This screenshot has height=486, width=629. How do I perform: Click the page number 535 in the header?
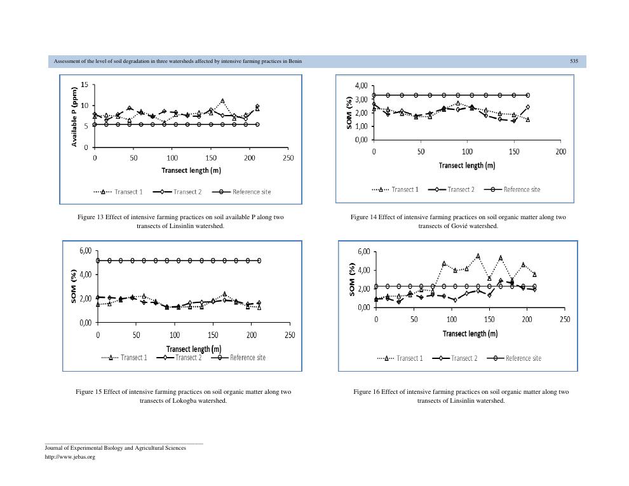coord(574,61)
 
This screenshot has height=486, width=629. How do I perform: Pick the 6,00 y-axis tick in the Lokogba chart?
coord(85,251)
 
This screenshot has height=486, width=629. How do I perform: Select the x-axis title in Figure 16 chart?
coord(470,334)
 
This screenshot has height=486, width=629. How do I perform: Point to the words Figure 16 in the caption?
coord(367,392)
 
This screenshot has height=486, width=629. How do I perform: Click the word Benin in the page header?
coord(295,61)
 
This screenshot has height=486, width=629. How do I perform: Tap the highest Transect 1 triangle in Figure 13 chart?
coord(222,101)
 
